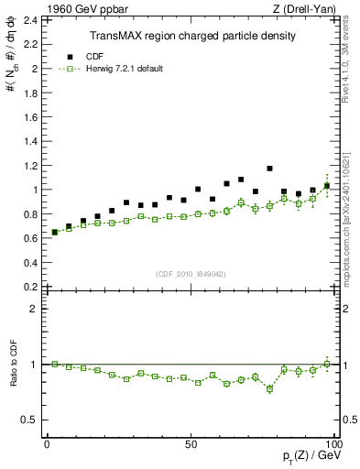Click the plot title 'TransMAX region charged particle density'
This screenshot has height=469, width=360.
191,36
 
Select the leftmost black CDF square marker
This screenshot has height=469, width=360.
54,232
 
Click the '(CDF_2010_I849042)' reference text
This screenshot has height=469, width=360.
191,272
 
